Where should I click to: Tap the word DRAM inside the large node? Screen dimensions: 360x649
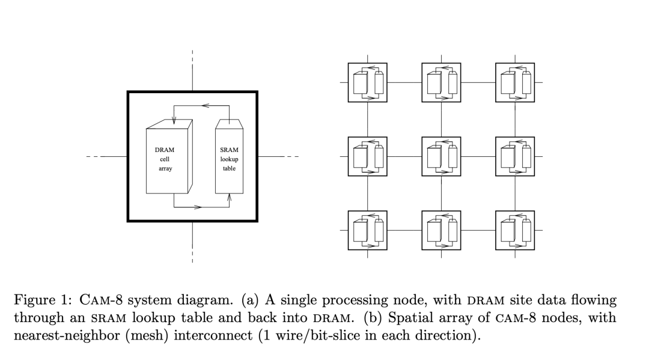(x=165, y=150)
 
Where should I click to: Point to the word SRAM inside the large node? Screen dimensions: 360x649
(x=229, y=150)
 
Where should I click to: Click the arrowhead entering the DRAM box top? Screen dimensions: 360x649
(x=174, y=123)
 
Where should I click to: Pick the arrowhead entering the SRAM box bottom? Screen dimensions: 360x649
(x=229, y=197)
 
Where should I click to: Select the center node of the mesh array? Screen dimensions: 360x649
(x=442, y=156)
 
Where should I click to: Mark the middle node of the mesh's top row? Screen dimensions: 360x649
(x=442, y=82)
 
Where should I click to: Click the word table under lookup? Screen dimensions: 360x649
(x=229, y=169)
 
